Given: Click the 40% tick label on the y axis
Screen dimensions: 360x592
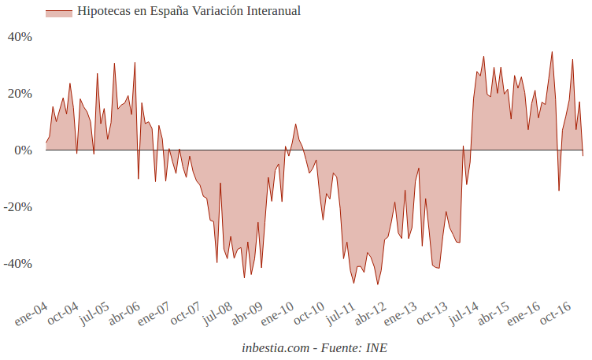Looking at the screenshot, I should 20,37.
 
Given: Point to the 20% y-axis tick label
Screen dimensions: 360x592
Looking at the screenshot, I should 20,94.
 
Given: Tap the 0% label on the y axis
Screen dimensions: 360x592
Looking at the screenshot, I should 23,150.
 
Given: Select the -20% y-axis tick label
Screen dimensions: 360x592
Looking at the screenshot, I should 18,207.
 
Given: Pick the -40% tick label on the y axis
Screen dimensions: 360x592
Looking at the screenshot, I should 18,264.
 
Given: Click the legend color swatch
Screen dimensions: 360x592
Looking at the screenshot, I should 59,12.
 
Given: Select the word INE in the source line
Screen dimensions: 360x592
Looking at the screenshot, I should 376,347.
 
